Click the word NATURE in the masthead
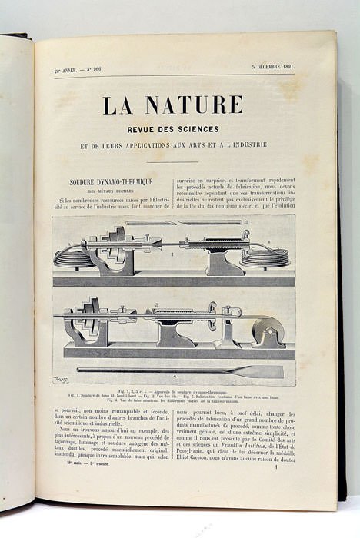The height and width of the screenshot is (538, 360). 192,105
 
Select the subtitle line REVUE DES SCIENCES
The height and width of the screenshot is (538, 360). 173,129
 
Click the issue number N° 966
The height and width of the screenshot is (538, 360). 90,69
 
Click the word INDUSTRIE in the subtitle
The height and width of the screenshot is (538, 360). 248,144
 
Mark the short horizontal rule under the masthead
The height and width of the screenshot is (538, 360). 173,161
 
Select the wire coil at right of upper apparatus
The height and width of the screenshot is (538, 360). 265,255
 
